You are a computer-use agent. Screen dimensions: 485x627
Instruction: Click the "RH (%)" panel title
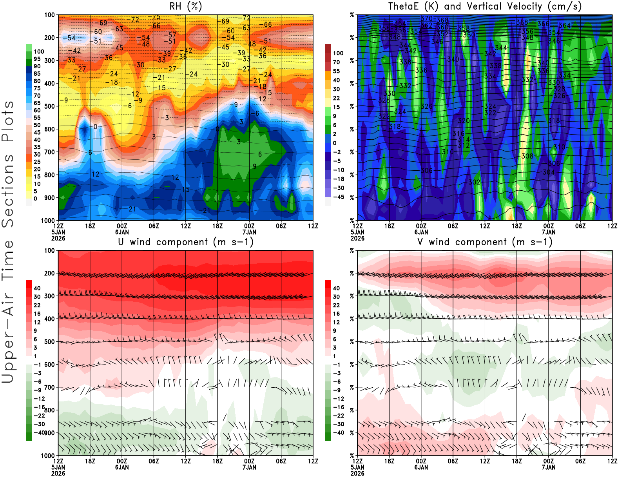(x=185, y=7)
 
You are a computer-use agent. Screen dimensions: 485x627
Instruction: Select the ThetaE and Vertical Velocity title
(x=485, y=7)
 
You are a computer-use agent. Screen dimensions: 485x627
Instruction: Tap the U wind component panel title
(x=186, y=242)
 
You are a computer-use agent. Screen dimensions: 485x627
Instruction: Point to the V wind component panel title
(x=485, y=242)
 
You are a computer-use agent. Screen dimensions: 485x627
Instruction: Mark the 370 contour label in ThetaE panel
(x=426, y=18)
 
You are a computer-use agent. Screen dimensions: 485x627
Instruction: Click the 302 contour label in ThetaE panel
(x=474, y=182)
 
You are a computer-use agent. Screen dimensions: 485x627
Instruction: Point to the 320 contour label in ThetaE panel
(x=464, y=121)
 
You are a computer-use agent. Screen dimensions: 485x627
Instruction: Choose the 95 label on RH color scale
(x=37, y=59)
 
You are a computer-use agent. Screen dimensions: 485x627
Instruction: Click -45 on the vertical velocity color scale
(x=338, y=197)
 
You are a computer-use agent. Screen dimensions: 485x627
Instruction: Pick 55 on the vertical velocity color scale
(x=336, y=71)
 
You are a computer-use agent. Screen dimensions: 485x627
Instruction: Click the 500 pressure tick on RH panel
(x=49, y=106)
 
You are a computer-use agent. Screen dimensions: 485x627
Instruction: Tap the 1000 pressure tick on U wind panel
(x=48, y=456)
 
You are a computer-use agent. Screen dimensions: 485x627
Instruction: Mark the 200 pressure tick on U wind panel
(x=49, y=273)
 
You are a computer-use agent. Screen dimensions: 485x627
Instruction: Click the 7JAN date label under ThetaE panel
(x=549, y=232)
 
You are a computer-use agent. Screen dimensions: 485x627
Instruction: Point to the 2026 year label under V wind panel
(x=357, y=473)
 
